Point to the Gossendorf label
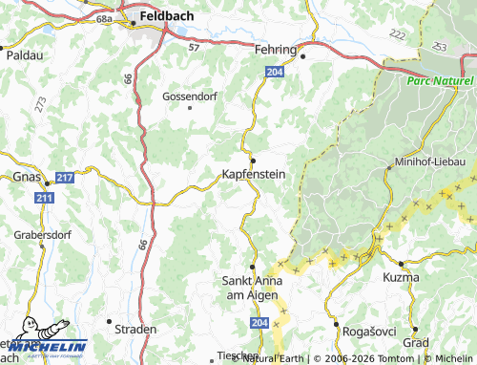[191, 97]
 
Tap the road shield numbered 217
[65, 178]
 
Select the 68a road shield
[104, 18]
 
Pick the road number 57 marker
[195, 45]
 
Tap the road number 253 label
[439, 46]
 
